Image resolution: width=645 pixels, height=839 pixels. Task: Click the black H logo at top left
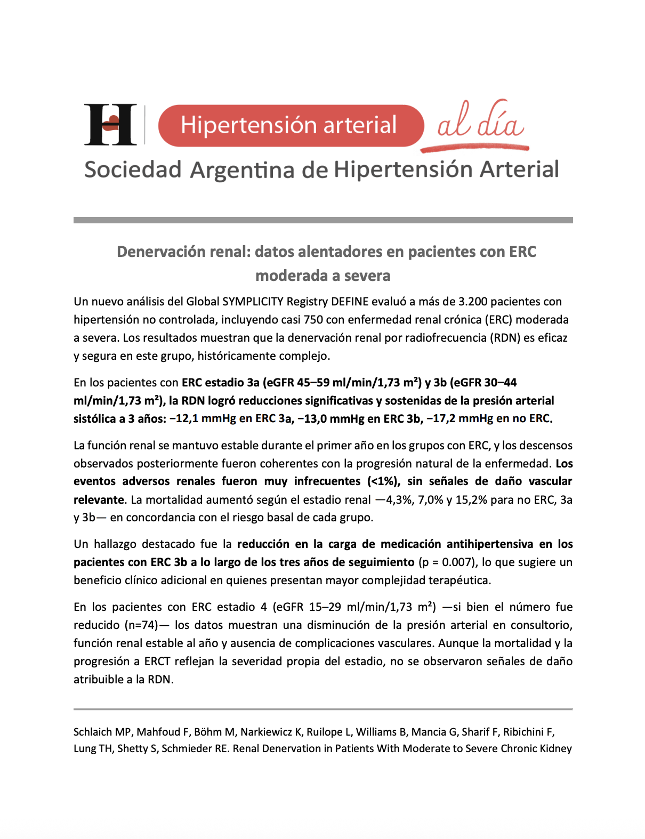(110, 124)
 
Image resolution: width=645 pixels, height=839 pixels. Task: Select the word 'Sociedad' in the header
(133, 170)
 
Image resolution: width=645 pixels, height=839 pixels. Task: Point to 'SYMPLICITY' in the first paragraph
(253, 302)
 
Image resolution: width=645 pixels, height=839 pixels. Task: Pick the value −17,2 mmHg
(459, 418)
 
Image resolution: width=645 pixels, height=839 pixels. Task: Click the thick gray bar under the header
(323, 220)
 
